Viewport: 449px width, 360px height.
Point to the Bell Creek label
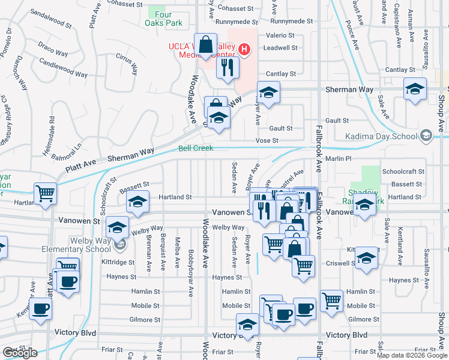(196, 148)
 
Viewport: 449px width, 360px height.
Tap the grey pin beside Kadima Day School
(426, 136)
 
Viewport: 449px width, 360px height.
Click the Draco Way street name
(53, 44)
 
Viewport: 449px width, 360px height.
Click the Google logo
(20, 353)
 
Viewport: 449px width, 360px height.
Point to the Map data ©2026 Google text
(412, 355)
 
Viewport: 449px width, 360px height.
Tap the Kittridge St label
(118, 262)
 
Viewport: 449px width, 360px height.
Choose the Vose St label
(268, 140)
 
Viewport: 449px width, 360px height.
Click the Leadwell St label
(280, 47)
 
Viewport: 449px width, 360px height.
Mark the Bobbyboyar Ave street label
(191, 264)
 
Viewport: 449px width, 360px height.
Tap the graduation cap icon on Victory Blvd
(247, 325)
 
